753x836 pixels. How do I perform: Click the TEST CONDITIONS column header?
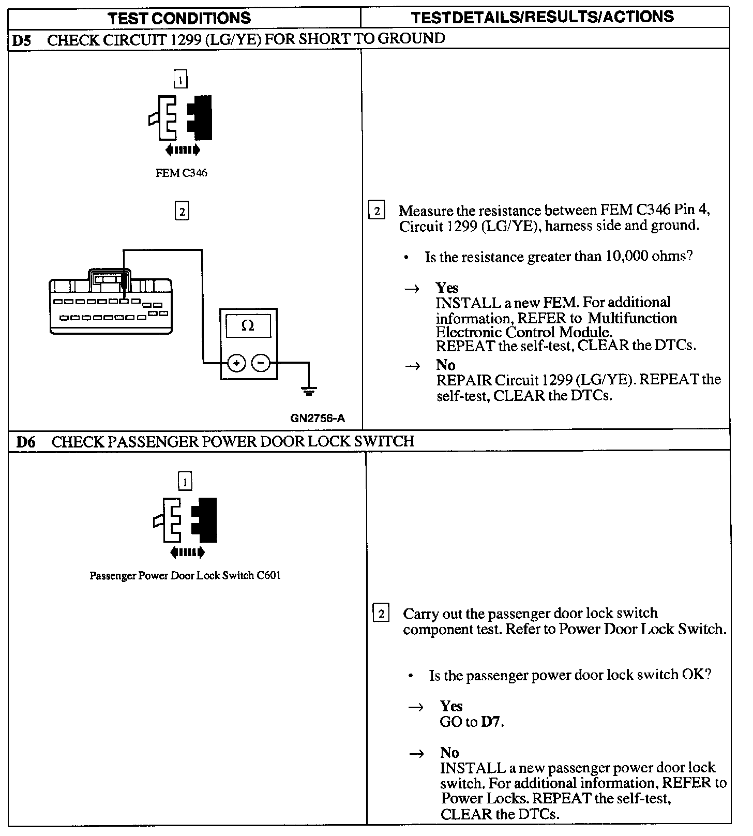(179, 18)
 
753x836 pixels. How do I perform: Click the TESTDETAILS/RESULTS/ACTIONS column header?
(543, 17)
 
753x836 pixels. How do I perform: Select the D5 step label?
(21, 40)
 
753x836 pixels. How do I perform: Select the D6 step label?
(26, 442)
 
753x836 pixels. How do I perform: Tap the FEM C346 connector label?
(181, 173)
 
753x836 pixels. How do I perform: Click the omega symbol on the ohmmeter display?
(248, 326)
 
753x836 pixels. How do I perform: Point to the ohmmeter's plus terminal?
(237, 364)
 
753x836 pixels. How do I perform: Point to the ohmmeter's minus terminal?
(261, 364)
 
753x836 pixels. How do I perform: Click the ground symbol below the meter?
(309, 391)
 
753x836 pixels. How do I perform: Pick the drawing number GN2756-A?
(317, 418)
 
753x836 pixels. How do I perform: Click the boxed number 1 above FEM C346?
(180, 80)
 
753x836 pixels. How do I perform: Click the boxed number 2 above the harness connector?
(182, 212)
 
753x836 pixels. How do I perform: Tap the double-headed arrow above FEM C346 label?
(182, 151)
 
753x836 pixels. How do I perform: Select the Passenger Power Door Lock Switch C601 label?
(185, 576)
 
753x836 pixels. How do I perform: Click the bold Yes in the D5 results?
(447, 288)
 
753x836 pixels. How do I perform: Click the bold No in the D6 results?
(449, 753)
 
